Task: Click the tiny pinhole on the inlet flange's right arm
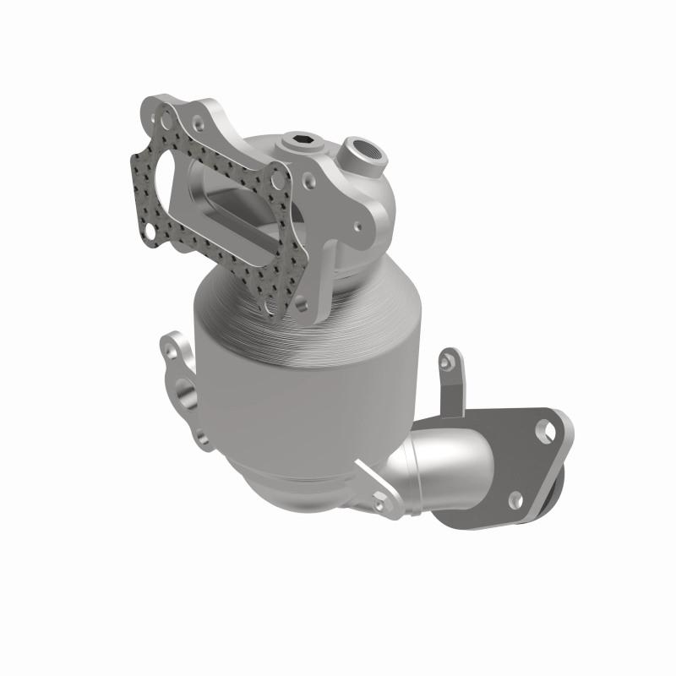click(357, 226)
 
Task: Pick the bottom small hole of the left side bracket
click(200, 437)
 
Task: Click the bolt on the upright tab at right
click(447, 361)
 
